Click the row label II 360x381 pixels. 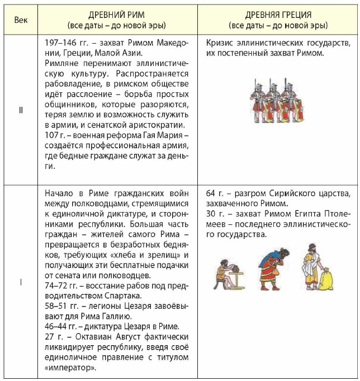(x=21, y=110)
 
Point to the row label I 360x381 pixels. (x=21, y=282)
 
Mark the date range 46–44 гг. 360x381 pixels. (x=61, y=326)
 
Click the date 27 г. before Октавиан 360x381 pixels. (x=52, y=336)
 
